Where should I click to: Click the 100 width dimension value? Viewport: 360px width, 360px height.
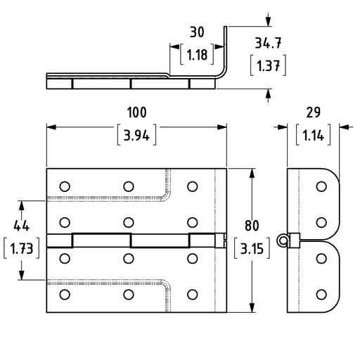pyautogui.click(x=137, y=112)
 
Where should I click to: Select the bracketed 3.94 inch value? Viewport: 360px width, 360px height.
pyautogui.click(x=136, y=135)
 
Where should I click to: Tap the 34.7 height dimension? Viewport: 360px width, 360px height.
pyautogui.click(x=268, y=43)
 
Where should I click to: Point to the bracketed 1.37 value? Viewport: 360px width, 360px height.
pyautogui.click(x=269, y=65)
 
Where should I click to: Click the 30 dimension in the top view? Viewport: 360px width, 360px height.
pyautogui.click(x=197, y=32)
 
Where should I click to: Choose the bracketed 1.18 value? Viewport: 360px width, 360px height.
pyautogui.click(x=197, y=54)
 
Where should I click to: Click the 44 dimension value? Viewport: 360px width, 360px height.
pyautogui.click(x=21, y=226)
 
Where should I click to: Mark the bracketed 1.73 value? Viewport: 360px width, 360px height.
pyautogui.click(x=22, y=248)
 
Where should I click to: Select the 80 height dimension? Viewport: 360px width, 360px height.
pyautogui.click(x=252, y=226)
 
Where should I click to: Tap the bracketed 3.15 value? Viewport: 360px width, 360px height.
pyautogui.click(x=252, y=248)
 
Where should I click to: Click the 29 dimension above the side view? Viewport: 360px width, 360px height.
pyautogui.click(x=314, y=112)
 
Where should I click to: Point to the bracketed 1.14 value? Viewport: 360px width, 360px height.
pyautogui.click(x=314, y=135)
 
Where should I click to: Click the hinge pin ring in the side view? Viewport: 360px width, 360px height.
pyautogui.click(x=283, y=240)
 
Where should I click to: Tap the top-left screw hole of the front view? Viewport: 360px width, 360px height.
pyautogui.click(x=65, y=186)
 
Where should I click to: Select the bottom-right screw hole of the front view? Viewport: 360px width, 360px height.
pyautogui.click(x=193, y=295)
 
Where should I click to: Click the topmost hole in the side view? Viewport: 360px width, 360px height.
pyautogui.click(x=321, y=186)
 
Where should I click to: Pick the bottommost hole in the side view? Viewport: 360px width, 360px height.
pyautogui.click(x=321, y=295)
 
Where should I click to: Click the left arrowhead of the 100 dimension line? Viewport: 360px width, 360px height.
pyautogui.click(x=51, y=127)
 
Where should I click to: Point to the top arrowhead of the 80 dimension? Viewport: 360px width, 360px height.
pyautogui.click(x=252, y=174)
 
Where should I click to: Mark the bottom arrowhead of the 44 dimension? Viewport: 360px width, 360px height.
pyautogui.click(x=22, y=275)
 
